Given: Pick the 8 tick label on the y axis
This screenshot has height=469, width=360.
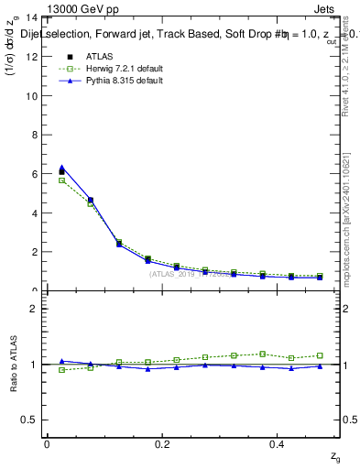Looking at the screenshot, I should pos(34,135).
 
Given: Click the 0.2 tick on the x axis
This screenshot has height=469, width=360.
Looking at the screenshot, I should pos(163,443).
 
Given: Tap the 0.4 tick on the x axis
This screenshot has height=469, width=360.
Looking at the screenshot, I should pos(279,443).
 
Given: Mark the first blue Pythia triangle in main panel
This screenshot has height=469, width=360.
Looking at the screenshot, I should pos(62,168).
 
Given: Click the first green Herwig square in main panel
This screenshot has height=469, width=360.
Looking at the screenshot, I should pos(62,180).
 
